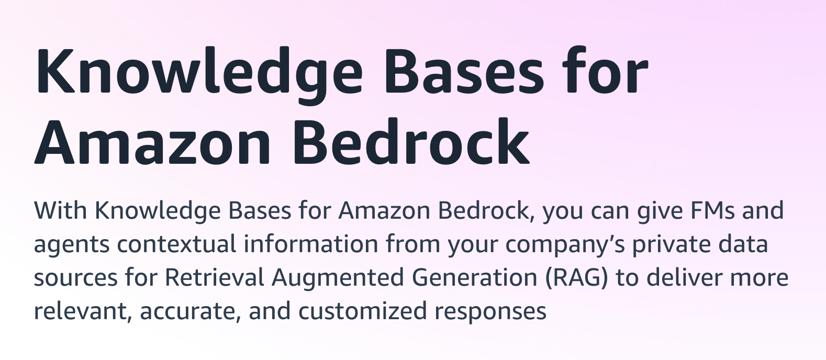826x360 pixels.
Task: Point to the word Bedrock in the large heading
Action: (411, 141)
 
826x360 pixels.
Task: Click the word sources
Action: (75, 278)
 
